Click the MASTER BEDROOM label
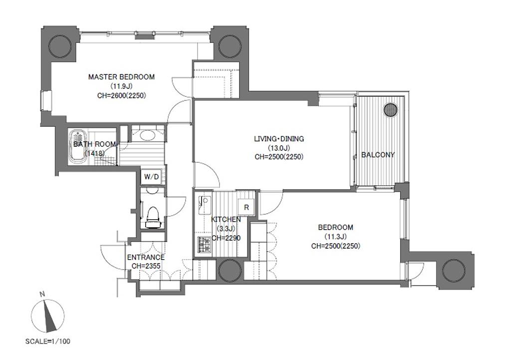tap(121, 77)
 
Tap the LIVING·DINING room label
tap(279, 139)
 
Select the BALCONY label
tap(378, 155)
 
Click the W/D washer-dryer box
tap(152, 177)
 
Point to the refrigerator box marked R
tap(247, 207)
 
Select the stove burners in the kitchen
tap(204, 245)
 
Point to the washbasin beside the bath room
tap(147, 135)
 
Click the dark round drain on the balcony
tap(391, 110)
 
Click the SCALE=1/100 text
tap(47, 342)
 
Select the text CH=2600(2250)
tap(122, 95)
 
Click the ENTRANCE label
tap(146, 257)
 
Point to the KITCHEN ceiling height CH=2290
tap(226, 238)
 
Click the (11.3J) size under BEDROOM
tap(335, 237)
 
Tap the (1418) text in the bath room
tap(94, 153)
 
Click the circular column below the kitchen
tap(230, 270)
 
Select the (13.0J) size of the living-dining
tap(279, 148)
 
